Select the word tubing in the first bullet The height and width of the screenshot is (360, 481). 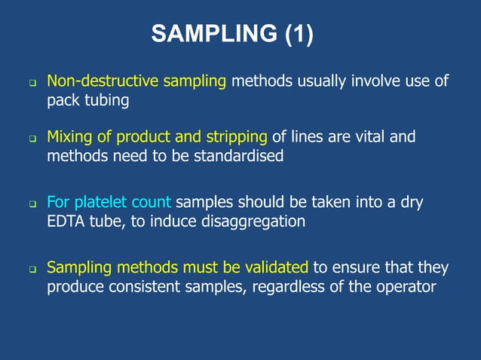click(105, 100)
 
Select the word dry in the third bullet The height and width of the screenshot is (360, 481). click(410, 203)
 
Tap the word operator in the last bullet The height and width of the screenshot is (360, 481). click(410, 287)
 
